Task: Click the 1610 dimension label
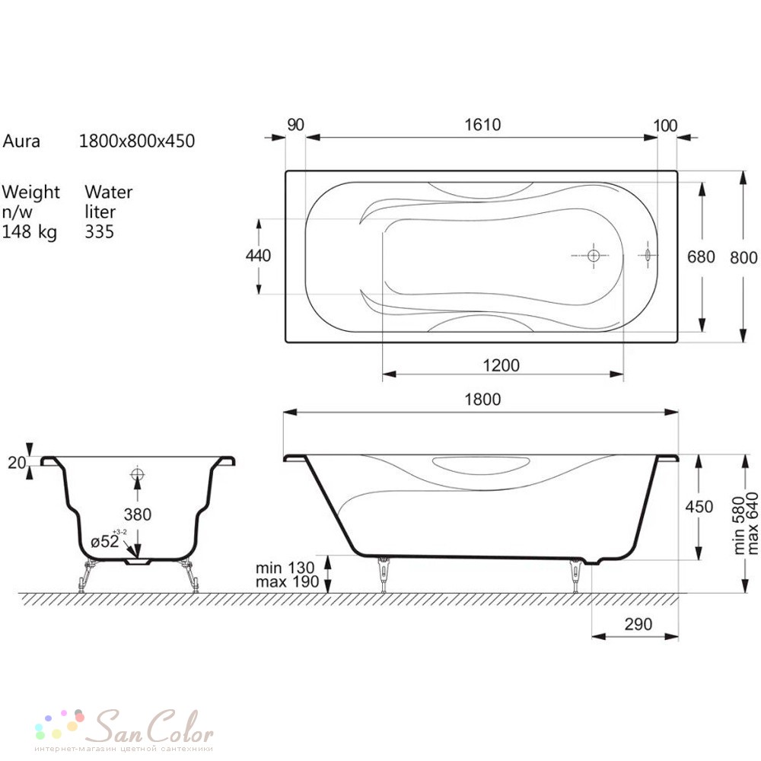click(x=482, y=125)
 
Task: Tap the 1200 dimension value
click(x=501, y=365)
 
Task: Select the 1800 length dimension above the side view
click(x=482, y=400)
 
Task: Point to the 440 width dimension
click(x=258, y=255)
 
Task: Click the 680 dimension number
click(x=701, y=256)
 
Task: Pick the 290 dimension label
click(x=638, y=624)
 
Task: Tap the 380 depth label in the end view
click(x=137, y=514)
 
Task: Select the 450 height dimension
click(x=699, y=507)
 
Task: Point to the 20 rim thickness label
click(x=17, y=463)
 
